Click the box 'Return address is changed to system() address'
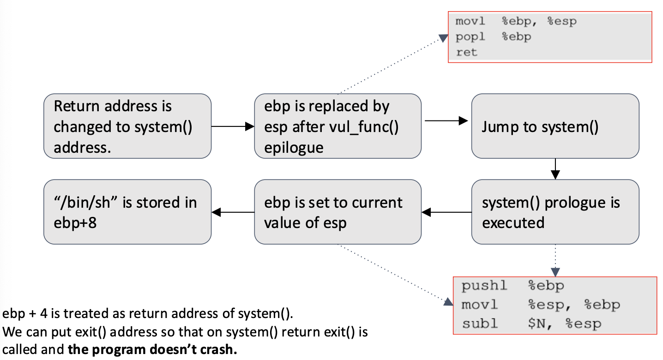(x=127, y=126)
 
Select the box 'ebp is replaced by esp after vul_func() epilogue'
(x=338, y=126)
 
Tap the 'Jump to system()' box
(x=555, y=126)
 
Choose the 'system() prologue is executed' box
(x=555, y=212)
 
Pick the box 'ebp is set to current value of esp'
(x=338, y=212)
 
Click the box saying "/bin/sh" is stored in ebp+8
(x=127, y=212)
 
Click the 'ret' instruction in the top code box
(x=466, y=52)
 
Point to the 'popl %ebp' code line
(x=493, y=37)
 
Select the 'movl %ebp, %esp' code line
(x=516, y=22)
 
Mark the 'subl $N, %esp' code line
(x=531, y=324)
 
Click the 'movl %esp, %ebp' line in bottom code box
(x=541, y=305)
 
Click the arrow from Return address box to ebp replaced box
(x=233, y=126)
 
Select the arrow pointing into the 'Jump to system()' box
(x=446, y=121)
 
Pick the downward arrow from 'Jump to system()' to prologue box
(x=555, y=169)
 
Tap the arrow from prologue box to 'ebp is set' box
(x=446, y=212)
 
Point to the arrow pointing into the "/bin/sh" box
(x=233, y=212)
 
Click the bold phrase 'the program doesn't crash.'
(x=152, y=349)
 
